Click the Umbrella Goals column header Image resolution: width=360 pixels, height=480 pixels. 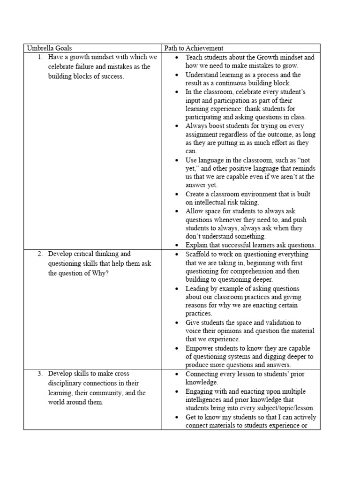click(x=49, y=48)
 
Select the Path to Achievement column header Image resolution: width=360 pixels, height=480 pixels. click(x=193, y=48)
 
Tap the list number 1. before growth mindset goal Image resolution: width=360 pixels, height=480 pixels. click(x=41, y=57)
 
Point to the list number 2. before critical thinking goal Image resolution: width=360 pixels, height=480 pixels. click(x=41, y=254)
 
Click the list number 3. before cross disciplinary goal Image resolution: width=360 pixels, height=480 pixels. click(x=41, y=375)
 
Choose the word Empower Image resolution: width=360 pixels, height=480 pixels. click(x=200, y=348)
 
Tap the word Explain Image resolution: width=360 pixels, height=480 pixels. click(x=197, y=245)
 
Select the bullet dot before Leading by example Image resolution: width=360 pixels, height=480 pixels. click(x=176, y=289)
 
